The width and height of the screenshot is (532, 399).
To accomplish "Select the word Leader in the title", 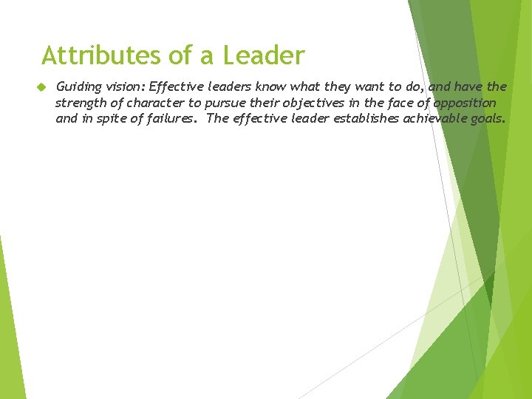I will point(264,55).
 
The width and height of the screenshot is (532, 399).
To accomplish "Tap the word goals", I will point(489,119).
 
